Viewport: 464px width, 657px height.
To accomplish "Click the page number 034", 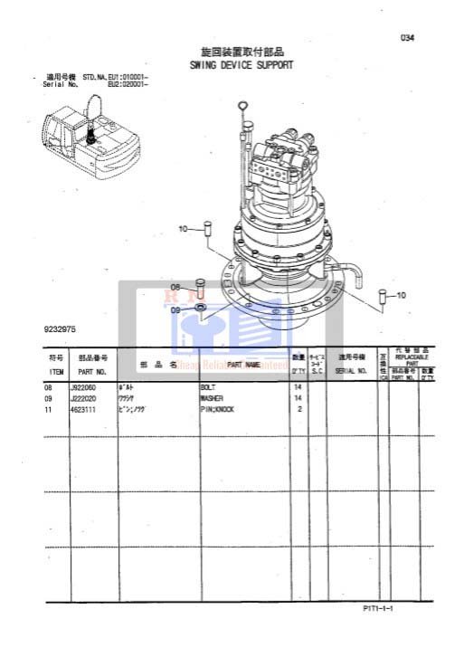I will (407, 38).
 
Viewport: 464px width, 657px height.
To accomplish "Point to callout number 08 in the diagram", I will (176, 287).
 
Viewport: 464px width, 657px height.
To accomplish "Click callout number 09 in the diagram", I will (176, 309).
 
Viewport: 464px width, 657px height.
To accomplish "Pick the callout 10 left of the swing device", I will (184, 229).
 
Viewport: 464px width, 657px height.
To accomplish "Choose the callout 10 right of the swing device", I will (401, 295).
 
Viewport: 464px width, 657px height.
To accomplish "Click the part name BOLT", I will (208, 387).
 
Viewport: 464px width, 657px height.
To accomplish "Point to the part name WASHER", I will (212, 398).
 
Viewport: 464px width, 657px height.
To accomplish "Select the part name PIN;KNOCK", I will (217, 409).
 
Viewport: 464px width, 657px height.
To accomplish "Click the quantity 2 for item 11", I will (299, 409).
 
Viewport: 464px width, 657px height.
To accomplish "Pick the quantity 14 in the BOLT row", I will (298, 387).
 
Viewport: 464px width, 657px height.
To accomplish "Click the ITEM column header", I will (56, 371).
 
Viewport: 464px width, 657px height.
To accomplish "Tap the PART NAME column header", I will (243, 365).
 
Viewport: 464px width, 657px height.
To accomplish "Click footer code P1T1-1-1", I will (379, 609).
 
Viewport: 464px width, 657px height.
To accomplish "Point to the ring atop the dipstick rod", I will (243, 106).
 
